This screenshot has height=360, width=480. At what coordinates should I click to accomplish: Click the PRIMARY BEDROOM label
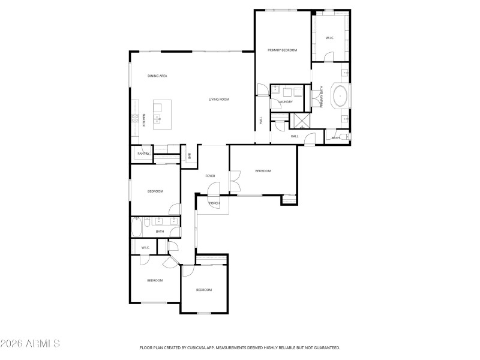pyautogui.click(x=282, y=50)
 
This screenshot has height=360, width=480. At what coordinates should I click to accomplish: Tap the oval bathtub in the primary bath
pyautogui.click(x=340, y=96)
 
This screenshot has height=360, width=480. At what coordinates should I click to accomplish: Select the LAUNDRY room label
pyautogui.click(x=286, y=101)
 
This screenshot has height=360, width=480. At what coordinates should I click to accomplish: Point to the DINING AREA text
pyautogui.click(x=157, y=76)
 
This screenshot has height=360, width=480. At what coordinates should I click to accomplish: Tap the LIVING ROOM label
pyautogui.click(x=219, y=99)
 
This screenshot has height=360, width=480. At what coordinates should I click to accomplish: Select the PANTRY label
pyautogui.click(x=143, y=154)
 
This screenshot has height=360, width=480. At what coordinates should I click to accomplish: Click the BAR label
pyautogui.click(x=190, y=156)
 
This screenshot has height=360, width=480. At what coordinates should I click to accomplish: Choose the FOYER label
pyautogui.click(x=210, y=176)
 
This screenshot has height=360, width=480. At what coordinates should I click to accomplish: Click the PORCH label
pyautogui.click(x=214, y=203)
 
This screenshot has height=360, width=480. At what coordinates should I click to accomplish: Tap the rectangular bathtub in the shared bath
pyautogui.click(x=137, y=227)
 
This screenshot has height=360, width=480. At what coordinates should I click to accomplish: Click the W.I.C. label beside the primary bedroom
pyautogui.click(x=329, y=38)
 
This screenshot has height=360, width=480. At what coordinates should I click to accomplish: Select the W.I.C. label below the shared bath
pyautogui.click(x=145, y=248)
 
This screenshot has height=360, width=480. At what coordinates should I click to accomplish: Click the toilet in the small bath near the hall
pyautogui.click(x=346, y=137)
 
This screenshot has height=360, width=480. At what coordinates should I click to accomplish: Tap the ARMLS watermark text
pyautogui.click(x=30, y=344)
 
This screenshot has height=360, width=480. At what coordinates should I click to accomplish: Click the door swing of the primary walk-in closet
pyautogui.click(x=328, y=57)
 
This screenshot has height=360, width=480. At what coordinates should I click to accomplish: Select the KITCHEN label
pyautogui.click(x=144, y=120)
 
